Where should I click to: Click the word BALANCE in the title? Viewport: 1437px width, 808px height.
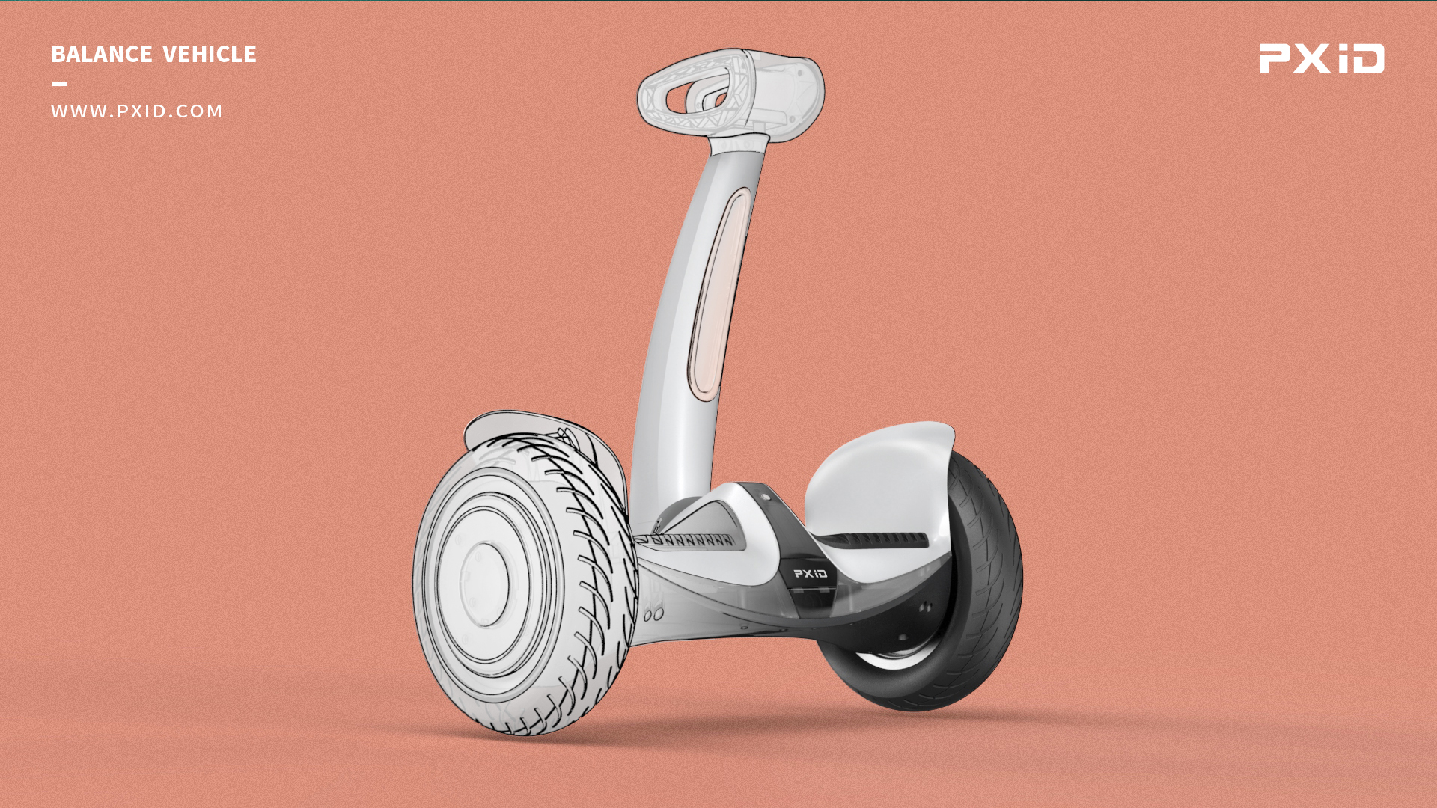[102, 55]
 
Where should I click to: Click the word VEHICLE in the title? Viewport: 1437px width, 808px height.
[210, 55]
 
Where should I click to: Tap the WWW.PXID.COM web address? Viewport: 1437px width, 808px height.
[137, 111]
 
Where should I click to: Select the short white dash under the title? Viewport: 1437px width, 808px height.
[60, 84]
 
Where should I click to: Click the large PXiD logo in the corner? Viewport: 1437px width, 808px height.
[1322, 58]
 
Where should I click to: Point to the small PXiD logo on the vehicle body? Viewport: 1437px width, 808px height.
[811, 574]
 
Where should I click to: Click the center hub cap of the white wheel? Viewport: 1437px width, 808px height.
[484, 584]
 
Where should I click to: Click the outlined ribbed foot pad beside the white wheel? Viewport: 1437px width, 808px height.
[689, 539]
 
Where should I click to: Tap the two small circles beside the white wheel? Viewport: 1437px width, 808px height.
[653, 615]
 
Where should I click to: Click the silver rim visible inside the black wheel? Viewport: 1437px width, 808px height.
[891, 659]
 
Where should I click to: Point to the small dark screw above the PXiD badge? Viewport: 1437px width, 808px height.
[766, 496]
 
